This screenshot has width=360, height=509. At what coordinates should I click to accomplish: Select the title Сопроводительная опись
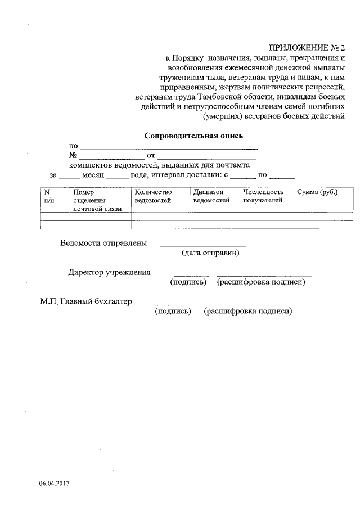[x=195, y=136]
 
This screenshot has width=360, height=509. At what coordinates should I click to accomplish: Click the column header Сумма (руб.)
[x=317, y=193]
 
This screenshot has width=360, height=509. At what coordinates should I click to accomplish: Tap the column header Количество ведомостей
[x=154, y=196]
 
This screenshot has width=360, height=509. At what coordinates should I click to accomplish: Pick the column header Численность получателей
[x=262, y=196]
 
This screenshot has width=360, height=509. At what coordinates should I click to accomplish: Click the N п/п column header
[x=48, y=196]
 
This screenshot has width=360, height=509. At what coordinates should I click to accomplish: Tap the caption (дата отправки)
[x=210, y=253]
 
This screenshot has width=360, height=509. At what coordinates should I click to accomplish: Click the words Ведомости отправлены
[x=104, y=244]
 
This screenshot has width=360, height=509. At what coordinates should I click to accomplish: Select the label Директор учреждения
[x=109, y=273]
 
